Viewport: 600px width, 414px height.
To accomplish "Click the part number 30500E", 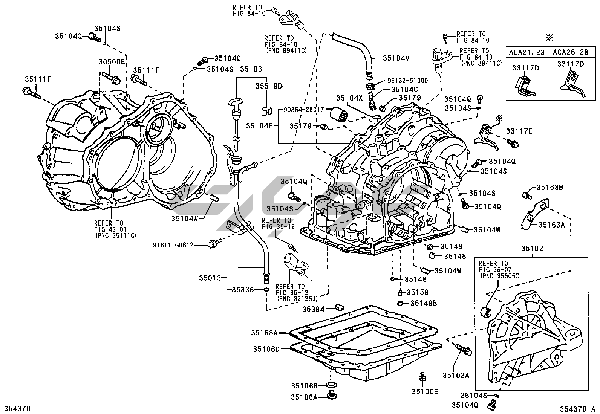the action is click(x=112, y=62).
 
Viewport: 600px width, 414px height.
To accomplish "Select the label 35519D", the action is click(x=269, y=86).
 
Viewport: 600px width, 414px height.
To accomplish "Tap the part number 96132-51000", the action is click(x=408, y=81).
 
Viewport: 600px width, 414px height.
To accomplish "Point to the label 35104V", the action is click(x=396, y=58).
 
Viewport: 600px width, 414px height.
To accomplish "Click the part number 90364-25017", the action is click(x=304, y=110).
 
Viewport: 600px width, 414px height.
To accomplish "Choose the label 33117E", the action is click(x=519, y=131).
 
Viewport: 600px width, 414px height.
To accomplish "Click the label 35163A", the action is click(x=551, y=225).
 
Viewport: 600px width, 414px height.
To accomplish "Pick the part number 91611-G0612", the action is click(x=173, y=245).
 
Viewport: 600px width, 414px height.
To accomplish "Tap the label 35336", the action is click(x=243, y=289).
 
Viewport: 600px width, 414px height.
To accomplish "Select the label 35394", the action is click(x=314, y=309).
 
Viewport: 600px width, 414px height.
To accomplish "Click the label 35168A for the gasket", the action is click(x=264, y=333).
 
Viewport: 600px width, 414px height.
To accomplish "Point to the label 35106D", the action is click(x=266, y=349).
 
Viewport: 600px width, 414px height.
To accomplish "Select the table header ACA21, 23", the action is click(x=527, y=52).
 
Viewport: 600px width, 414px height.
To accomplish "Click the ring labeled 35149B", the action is click(x=401, y=303).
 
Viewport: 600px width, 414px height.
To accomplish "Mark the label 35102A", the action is click(x=456, y=376).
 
